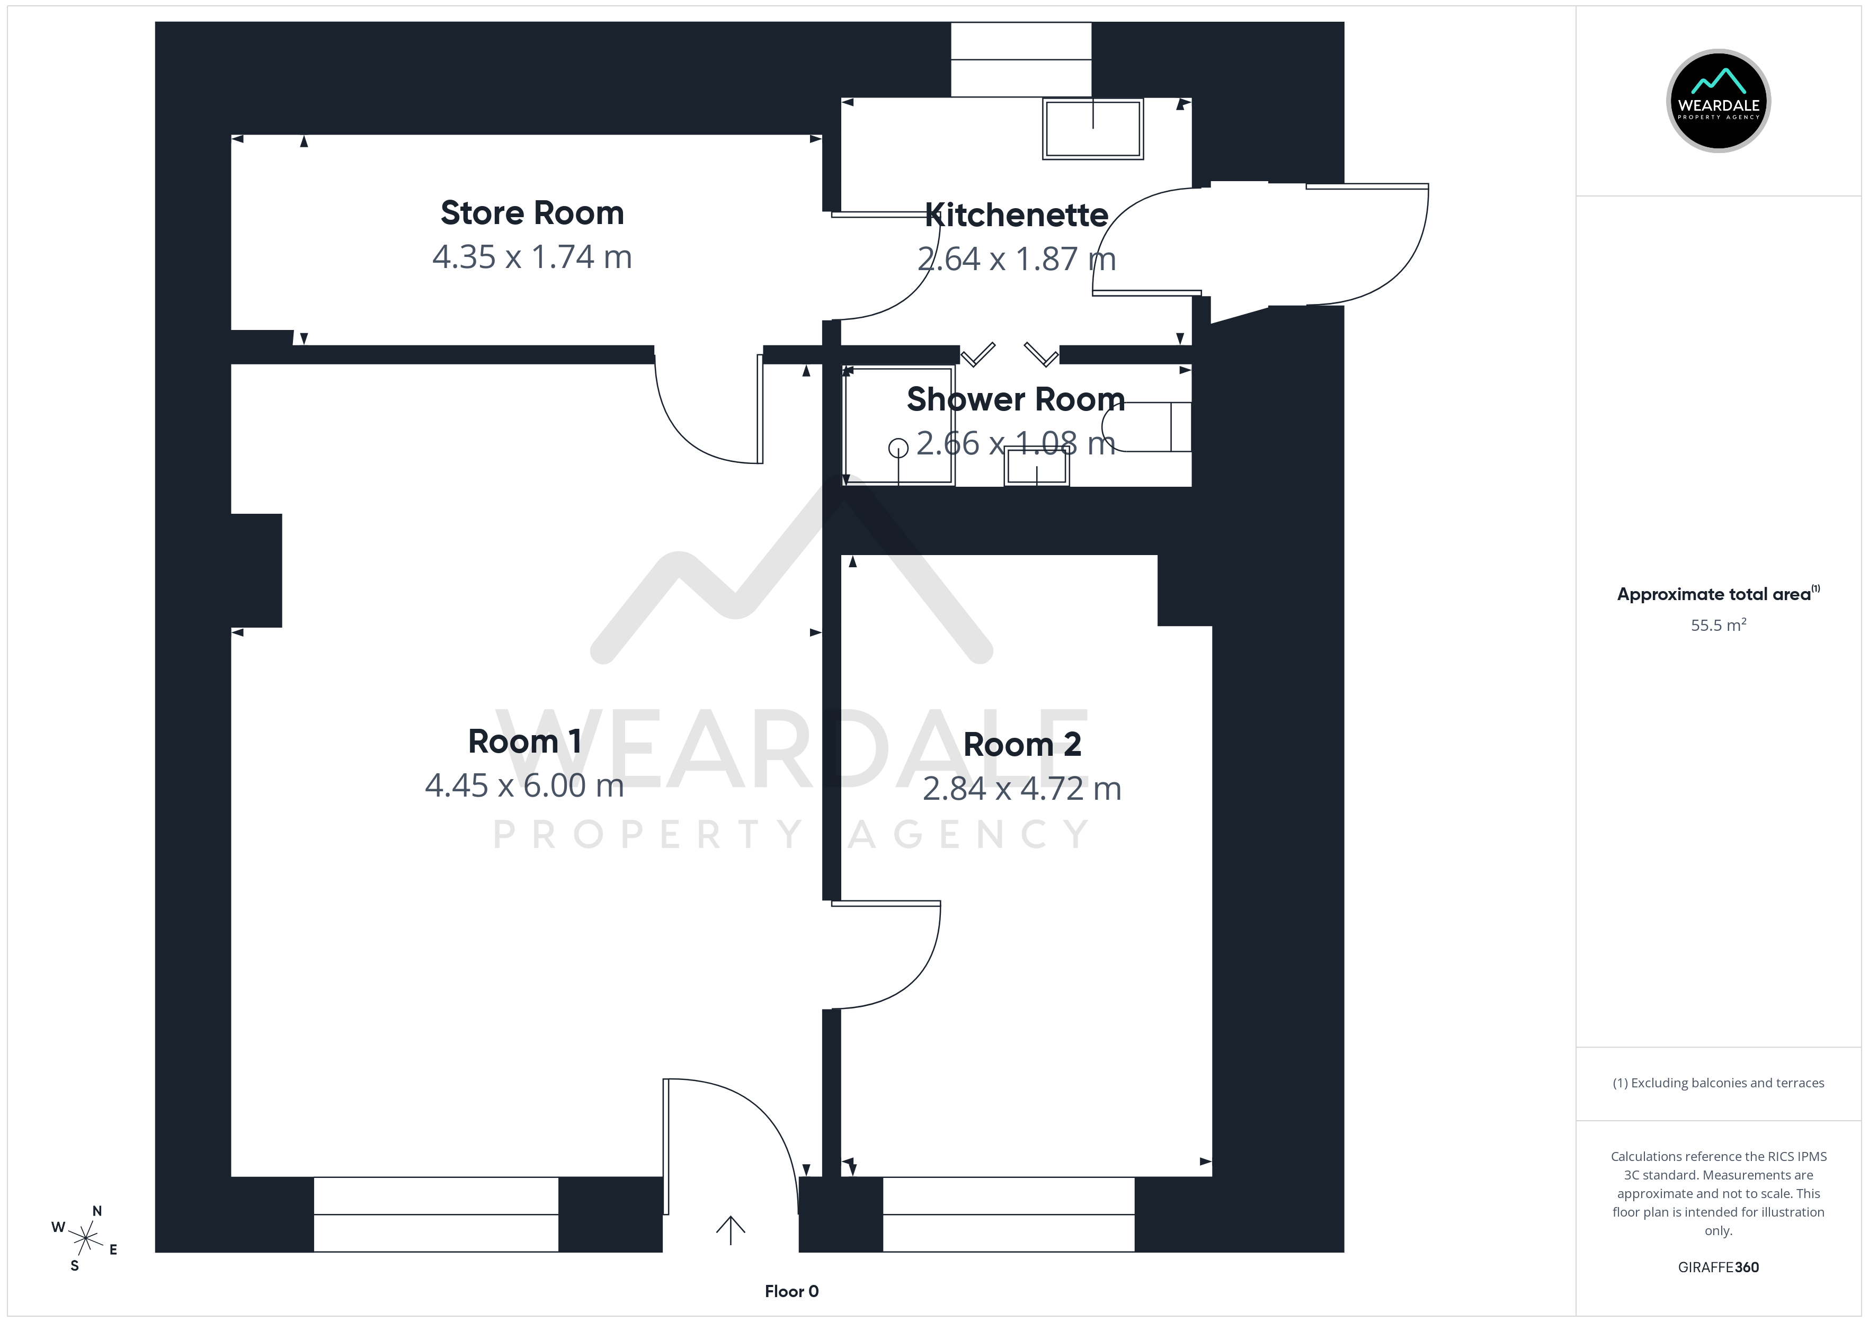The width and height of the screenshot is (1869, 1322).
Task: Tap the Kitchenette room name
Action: point(1017,215)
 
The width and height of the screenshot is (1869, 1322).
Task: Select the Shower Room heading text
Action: point(1016,399)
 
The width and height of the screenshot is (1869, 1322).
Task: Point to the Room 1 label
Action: point(524,742)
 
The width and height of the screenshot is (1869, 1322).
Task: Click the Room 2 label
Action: point(1022,745)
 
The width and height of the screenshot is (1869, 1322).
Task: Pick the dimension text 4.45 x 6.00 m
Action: point(524,785)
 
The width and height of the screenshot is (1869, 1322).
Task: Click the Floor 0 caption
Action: point(791,1292)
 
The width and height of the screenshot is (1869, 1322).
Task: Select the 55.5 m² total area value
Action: point(1719,625)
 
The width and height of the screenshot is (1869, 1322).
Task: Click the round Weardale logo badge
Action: point(1719,101)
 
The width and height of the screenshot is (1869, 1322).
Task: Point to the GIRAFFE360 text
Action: point(1719,1267)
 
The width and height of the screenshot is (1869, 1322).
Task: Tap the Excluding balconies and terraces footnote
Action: point(1719,1083)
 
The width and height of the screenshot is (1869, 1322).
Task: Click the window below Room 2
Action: point(1009,1214)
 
